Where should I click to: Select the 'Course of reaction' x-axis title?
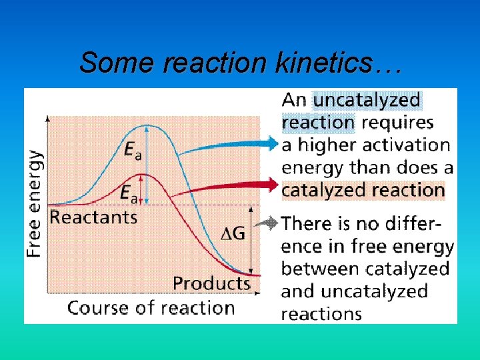pyautogui.click(x=151, y=308)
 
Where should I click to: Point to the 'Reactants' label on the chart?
pyautogui.click(x=93, y=217)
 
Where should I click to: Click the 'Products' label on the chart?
pyautogui.click(x=211, y=283)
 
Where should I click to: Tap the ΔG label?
pyautogui.click(x=233, y=233)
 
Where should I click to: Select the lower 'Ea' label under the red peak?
pyautogui.click(x=129, y=193)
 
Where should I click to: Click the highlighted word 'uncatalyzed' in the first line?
pyautogui.click(x=367, y=101)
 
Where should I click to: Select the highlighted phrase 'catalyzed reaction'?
pyautogui.click(x=363, y=190)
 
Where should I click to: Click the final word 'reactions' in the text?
pyautogui.click(x=321, y=313)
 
